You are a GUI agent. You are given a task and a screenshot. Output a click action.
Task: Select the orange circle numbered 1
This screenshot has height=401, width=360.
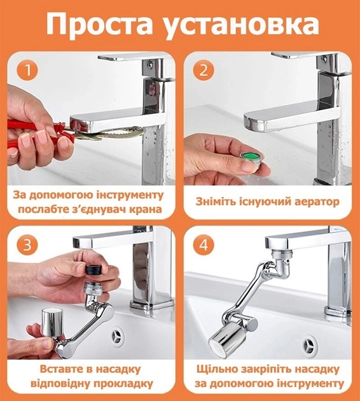click(x=27, y=70)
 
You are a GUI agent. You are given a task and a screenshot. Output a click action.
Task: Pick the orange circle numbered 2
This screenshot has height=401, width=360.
click(x=204, y=70)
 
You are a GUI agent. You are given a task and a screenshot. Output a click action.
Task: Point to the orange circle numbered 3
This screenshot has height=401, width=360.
click(x=27, y=245)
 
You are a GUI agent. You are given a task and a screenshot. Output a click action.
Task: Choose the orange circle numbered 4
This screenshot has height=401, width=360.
click(x=204, y=245)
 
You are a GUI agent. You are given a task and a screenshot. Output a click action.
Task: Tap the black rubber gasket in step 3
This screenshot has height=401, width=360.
click(x=93, y=269)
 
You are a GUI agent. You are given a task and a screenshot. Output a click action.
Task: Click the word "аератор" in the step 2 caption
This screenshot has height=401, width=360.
click(x=317, y=202)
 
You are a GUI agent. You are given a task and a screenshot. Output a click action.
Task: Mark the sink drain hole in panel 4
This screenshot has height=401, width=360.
click(x=309, y=344)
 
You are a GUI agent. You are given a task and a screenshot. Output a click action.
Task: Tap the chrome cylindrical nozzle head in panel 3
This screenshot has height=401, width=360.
click(x=52, y=322)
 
